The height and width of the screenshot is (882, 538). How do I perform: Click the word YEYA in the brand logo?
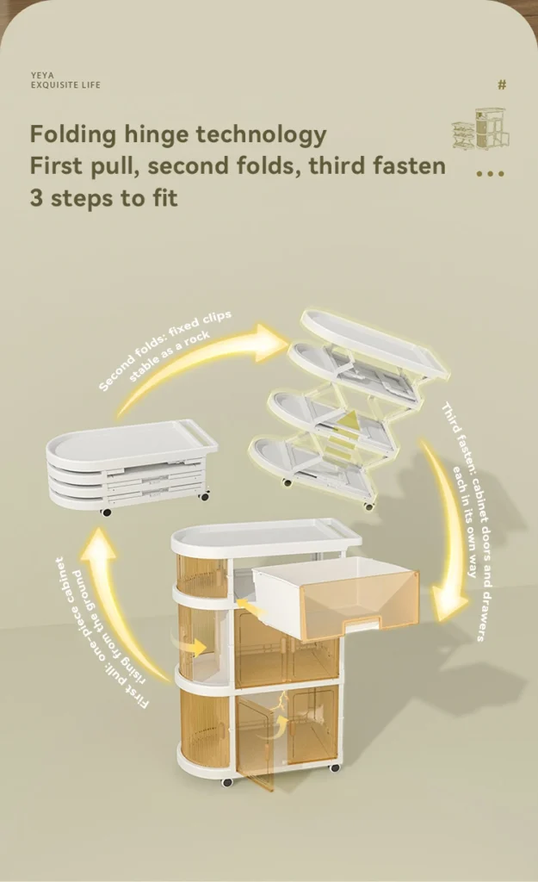42,75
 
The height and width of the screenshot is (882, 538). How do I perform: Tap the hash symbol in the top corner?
502,84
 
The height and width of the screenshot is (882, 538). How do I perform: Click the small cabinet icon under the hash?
481,129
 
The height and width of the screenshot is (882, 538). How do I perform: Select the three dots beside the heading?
490,174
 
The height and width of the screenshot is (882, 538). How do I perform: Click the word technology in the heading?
261,135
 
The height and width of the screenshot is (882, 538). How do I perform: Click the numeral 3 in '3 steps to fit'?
36,198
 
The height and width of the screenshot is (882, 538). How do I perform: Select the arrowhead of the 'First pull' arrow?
99,544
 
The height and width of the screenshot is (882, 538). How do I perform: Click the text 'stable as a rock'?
170,356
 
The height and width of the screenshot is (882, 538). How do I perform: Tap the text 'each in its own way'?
466,520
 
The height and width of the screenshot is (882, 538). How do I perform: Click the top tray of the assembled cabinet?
266,536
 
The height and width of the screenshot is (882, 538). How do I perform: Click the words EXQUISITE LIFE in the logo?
65,85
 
